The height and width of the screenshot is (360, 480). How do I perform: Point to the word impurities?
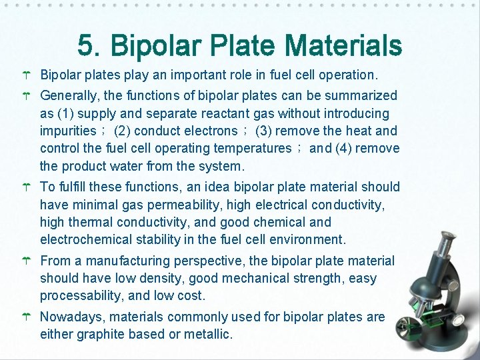click(68, 131)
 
